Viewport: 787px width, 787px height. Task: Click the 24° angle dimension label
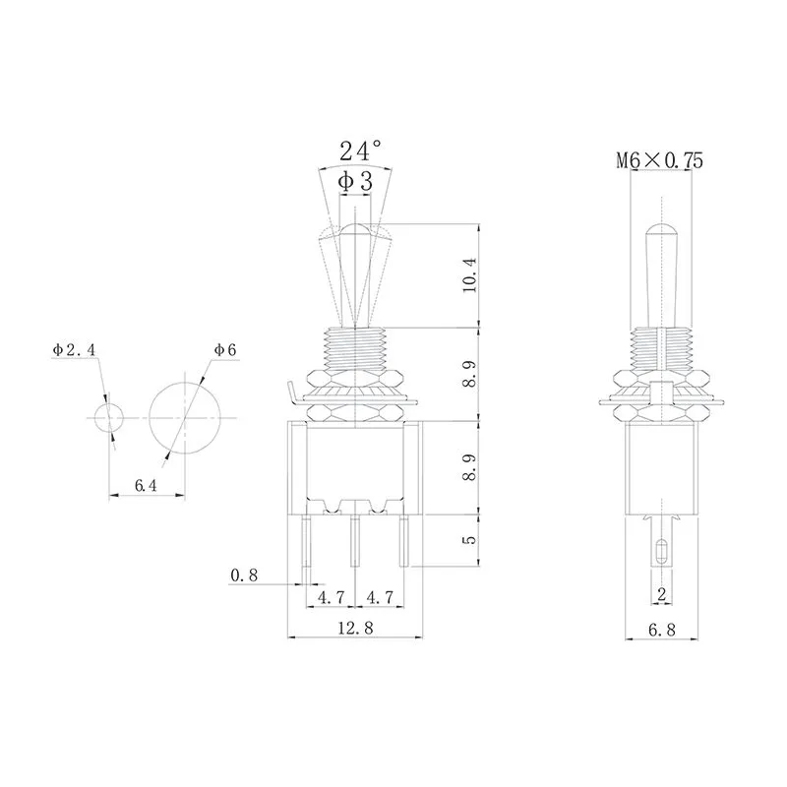click(360, 151)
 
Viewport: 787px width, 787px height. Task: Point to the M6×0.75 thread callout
click(659, 161)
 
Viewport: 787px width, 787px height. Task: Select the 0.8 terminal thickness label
click(244, 575)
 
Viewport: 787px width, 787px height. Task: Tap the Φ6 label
click(224, 350)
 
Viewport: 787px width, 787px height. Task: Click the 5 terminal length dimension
click(469, 540)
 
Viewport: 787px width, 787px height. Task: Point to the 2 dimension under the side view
click(661, 593)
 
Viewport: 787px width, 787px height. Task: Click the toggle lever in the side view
click(659, 275)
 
